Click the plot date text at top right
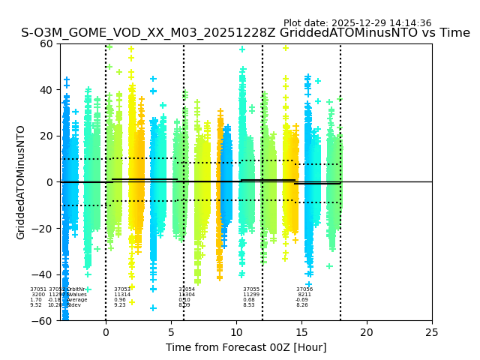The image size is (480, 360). tap(357, 23)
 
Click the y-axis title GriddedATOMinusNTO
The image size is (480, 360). tap(21, 182)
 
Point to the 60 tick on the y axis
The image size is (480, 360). tap(47, 43)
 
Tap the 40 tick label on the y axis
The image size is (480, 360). tap(47, 90)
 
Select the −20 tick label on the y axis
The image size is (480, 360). tap(44, 229)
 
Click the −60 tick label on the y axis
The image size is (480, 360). tap(44, 321)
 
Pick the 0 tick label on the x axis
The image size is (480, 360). tap(106, 332)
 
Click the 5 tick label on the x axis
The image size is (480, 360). tap(171, 332)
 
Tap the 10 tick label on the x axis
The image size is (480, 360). tap(236, 332)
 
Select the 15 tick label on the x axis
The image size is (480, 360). tap(301, 332)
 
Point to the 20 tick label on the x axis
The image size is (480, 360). tap(367, 332)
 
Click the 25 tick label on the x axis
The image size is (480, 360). tap(432, 332)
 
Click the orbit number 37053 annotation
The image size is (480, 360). tap(122, 289)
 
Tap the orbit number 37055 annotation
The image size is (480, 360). tap(251, 289)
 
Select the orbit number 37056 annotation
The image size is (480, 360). tap(304, 289)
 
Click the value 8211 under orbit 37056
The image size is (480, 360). tap(304, 295)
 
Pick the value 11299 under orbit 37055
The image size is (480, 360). tap(251, 295)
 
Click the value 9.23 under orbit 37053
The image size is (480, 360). tap(120, 305)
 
